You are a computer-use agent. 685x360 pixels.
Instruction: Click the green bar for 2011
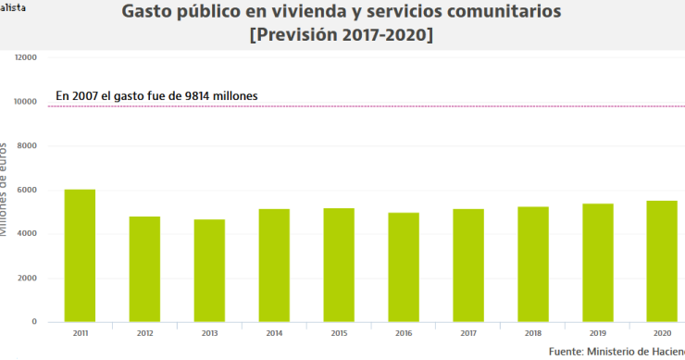pos(80,255)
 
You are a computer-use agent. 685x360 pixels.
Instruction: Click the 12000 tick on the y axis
pos(25,57)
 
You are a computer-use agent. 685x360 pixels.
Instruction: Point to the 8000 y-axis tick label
pos(27,145)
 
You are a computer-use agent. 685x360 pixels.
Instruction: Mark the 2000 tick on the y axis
pos(27,278)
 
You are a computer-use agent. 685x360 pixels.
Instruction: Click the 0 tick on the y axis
pos(34,322)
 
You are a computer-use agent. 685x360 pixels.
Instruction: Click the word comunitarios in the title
pos(501,14)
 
